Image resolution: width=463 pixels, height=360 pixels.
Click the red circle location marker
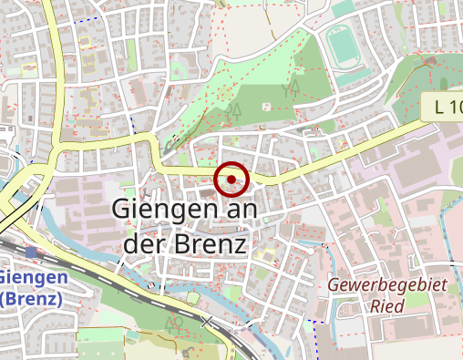pyautogui.click(x=231, y=180)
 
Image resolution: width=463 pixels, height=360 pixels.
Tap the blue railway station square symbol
pyautogui.click(x=33, y=252)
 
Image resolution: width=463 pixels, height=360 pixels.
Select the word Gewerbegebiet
pyautogui.click(x=388, y=286)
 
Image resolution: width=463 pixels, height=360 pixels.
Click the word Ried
pyautogui.click(x=387, y=306)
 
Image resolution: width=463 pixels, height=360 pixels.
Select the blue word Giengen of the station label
pyautogui.click(x=34, y=277)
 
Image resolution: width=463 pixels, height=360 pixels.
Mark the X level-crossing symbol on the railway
pyautogui.click(x=207, y=322)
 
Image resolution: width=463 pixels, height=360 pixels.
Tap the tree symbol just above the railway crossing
pyautogui.click(x=172, y=322)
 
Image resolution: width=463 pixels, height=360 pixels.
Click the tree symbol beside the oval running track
pyautogui.click(x=293, y=87)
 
